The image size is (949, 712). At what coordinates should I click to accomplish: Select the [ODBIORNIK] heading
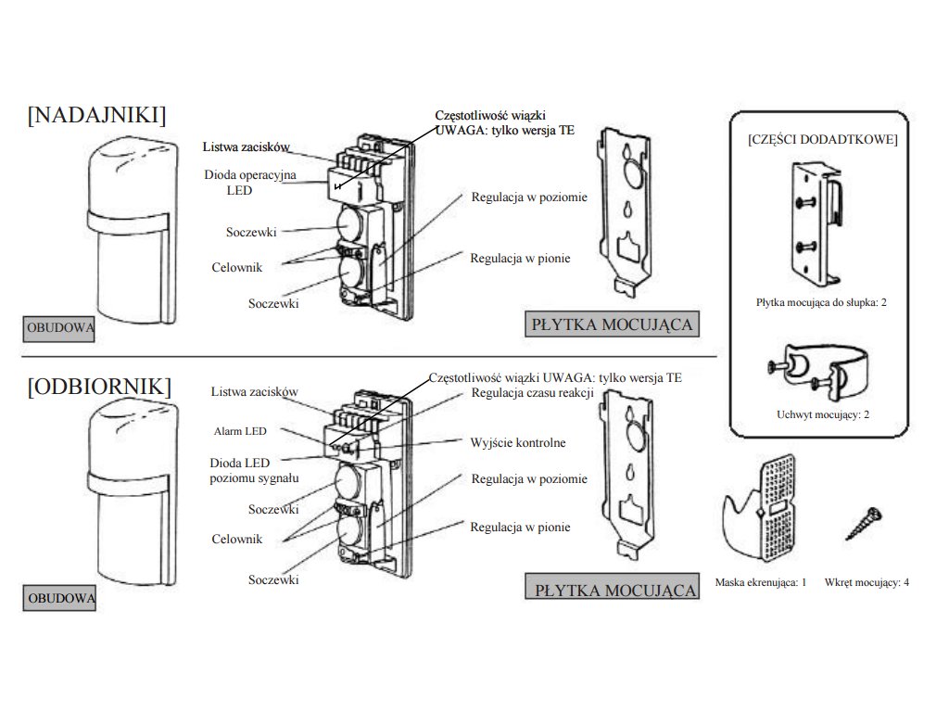point(100,386)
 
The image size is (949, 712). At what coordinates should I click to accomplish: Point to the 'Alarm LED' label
point(240,431)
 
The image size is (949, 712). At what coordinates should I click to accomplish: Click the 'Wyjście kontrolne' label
point(518,443)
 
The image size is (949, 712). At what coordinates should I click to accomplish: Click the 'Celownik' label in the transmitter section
point(236,267)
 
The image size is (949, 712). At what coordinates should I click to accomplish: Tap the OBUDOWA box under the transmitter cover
point(59,327)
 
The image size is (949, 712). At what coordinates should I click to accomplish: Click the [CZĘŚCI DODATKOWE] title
point(821,139)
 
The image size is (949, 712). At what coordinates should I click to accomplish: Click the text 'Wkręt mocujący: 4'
point(867,582)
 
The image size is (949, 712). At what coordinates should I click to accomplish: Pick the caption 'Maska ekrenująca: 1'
point(761,582)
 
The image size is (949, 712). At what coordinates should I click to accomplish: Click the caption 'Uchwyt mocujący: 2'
point(822,414)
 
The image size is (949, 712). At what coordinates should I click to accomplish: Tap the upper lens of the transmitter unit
point(350,224)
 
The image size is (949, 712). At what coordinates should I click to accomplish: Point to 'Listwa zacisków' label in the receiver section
point(254,392)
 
